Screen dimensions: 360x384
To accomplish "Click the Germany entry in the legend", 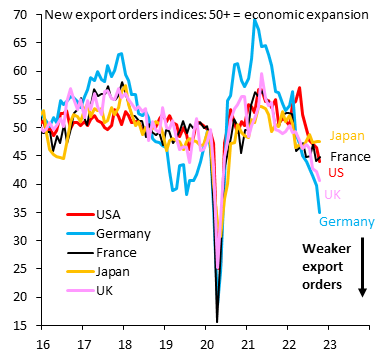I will point(123,233).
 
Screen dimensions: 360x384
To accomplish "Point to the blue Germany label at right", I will point(347,221).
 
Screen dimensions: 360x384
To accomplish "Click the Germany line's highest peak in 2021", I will point(255,20).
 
